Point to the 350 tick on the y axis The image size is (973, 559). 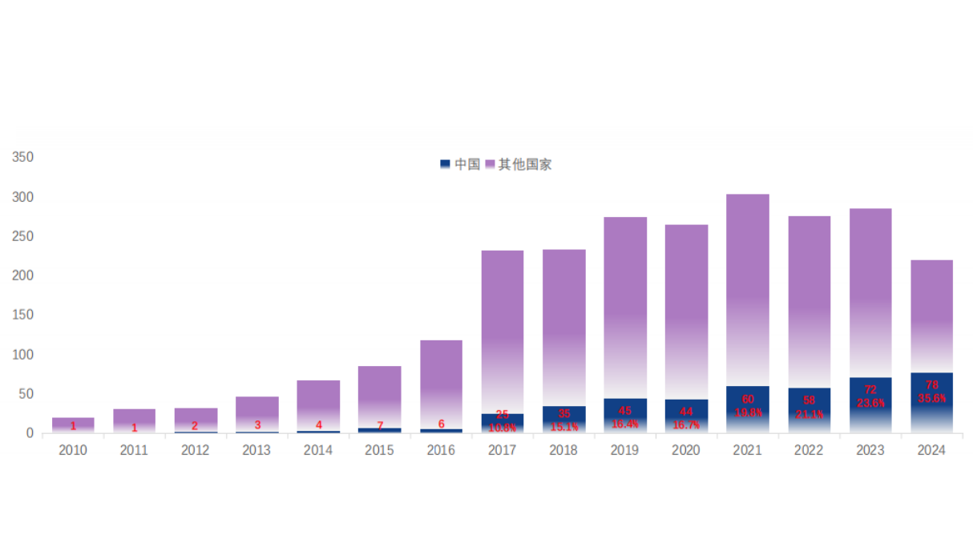[x=23, y=157]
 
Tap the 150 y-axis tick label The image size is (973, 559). [x=23, y=315]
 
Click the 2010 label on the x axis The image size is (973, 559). [x=73, y=450]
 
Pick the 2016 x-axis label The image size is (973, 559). [x=441, y=450]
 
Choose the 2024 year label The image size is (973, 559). [x=931, y=450]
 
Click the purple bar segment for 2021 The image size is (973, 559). [x=748, y=288]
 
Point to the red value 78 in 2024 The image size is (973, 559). [x=931, y=385]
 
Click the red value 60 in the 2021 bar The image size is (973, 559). [x=748, y=399]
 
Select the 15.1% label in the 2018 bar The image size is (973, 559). [x=564, y=427]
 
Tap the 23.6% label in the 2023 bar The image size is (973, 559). [x=870, y=403]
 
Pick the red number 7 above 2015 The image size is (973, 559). [x=380, y=425]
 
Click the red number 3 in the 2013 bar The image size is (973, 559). [x=257, y=425]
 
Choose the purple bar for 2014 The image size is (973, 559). [x=318, y=400]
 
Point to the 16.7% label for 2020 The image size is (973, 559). [x=687, y=425]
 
